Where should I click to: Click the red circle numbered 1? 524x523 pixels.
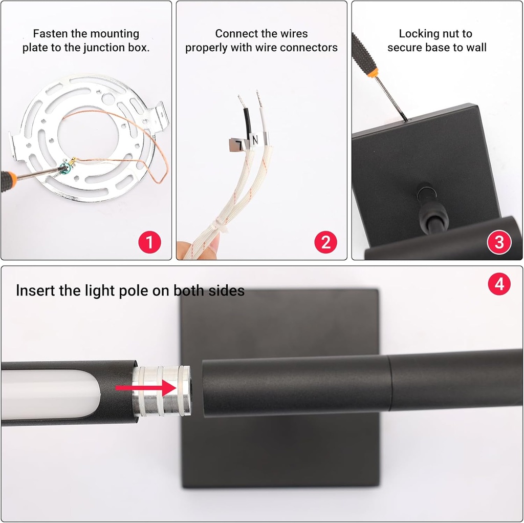pyautogui.click(x=150, y=242)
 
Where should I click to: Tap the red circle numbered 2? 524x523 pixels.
pyautogui.click(x=325, y=242)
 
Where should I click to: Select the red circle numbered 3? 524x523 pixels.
pyautogui.click(x=499, y=242)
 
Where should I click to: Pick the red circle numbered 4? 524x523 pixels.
pyautogui.click(x=499, y=284)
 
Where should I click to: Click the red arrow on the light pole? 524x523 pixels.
pyautogui.click(x=146, y=388)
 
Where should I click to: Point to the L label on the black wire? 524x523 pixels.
pyautogui.click(x=237, y=144)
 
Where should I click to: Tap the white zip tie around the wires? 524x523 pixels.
pyautogui.click(x=221, y=224)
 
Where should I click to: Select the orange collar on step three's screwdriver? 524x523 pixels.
pyautogui.click(x=373, y=73)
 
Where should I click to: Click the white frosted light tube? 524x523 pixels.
pyautogui.click(x=51, y=394)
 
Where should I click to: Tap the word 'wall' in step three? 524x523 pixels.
pyautogui.click(x=476, y=48)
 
